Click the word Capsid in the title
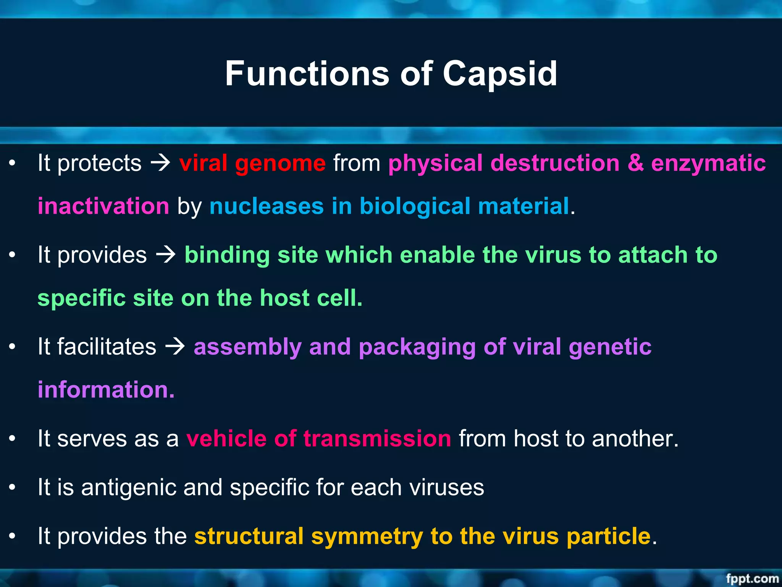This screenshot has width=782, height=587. point(500,74)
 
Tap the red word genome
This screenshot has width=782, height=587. point(280,163)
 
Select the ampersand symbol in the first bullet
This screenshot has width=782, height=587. point(635,163)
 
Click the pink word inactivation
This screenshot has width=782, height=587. point(103,206)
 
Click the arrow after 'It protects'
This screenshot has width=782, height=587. point(160,163)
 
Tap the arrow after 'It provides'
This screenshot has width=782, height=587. point(166,255)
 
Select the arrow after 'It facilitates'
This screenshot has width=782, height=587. point(175,347)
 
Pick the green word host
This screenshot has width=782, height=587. point(284,298)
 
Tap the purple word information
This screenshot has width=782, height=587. point(106,390)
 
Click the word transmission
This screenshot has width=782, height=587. point(377,438)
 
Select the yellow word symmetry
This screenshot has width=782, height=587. point(367,536)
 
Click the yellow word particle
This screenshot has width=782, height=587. point(609,536)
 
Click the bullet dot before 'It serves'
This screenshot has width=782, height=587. point(13,438)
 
